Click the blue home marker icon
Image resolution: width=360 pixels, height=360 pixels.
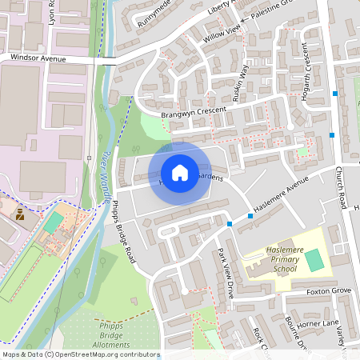point(180,173)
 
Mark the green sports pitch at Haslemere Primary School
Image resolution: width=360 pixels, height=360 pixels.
point(315,259)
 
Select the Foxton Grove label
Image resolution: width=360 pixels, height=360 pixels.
point(329,290)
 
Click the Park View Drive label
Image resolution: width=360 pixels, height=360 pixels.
point(226,277)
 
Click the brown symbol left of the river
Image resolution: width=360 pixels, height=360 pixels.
point(20,214)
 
